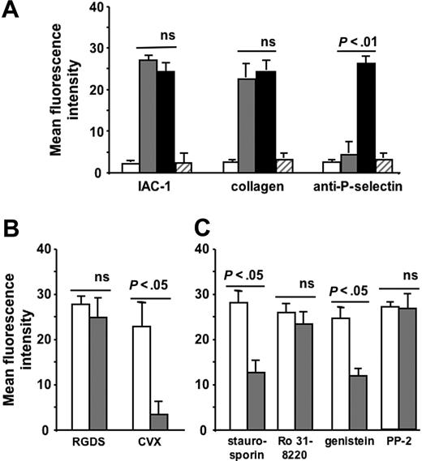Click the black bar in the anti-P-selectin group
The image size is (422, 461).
367,117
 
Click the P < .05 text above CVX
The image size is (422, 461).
161,287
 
